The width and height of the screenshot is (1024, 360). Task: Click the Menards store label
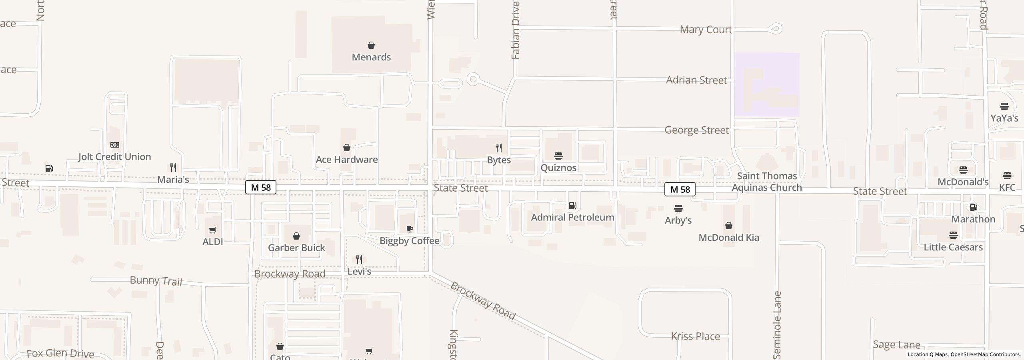371,57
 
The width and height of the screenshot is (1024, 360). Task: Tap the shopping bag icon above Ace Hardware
347,148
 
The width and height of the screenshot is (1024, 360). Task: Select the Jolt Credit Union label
114,157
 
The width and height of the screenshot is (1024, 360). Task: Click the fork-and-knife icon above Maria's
173,167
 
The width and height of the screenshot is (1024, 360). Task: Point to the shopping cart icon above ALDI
213,230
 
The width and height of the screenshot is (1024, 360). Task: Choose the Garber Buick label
296,248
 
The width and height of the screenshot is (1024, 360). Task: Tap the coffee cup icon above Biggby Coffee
410,229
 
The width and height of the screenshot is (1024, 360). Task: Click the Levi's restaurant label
359,272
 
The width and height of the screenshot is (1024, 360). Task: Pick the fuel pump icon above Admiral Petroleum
572,206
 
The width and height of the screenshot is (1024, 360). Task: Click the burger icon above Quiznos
558,156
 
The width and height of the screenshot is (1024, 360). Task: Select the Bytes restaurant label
499,160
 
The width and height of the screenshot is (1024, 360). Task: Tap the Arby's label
678,220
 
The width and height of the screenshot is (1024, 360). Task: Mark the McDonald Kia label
729,238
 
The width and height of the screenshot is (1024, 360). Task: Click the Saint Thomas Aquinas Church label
767,182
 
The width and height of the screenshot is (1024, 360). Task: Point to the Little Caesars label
953,247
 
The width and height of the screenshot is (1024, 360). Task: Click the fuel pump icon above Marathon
973,207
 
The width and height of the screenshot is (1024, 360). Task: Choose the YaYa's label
1004,118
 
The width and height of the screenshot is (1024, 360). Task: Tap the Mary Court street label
706,30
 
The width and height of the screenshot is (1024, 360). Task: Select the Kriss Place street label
696,336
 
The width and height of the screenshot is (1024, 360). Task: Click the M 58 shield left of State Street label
261,187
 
